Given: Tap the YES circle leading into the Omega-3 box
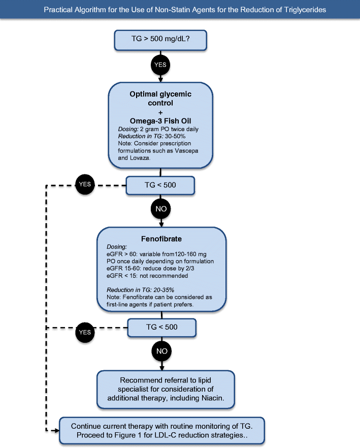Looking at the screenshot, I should (x=160, y=65).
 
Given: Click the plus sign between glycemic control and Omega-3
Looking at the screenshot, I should (x=160, y=111).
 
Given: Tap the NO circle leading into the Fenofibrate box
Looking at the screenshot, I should (x=160, y=208).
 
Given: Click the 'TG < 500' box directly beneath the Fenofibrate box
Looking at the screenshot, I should (x=161, y=327).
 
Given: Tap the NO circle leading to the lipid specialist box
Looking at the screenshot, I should (x=161, y=350).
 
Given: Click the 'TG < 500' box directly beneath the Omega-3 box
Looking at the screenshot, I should (x=160, y=185).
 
